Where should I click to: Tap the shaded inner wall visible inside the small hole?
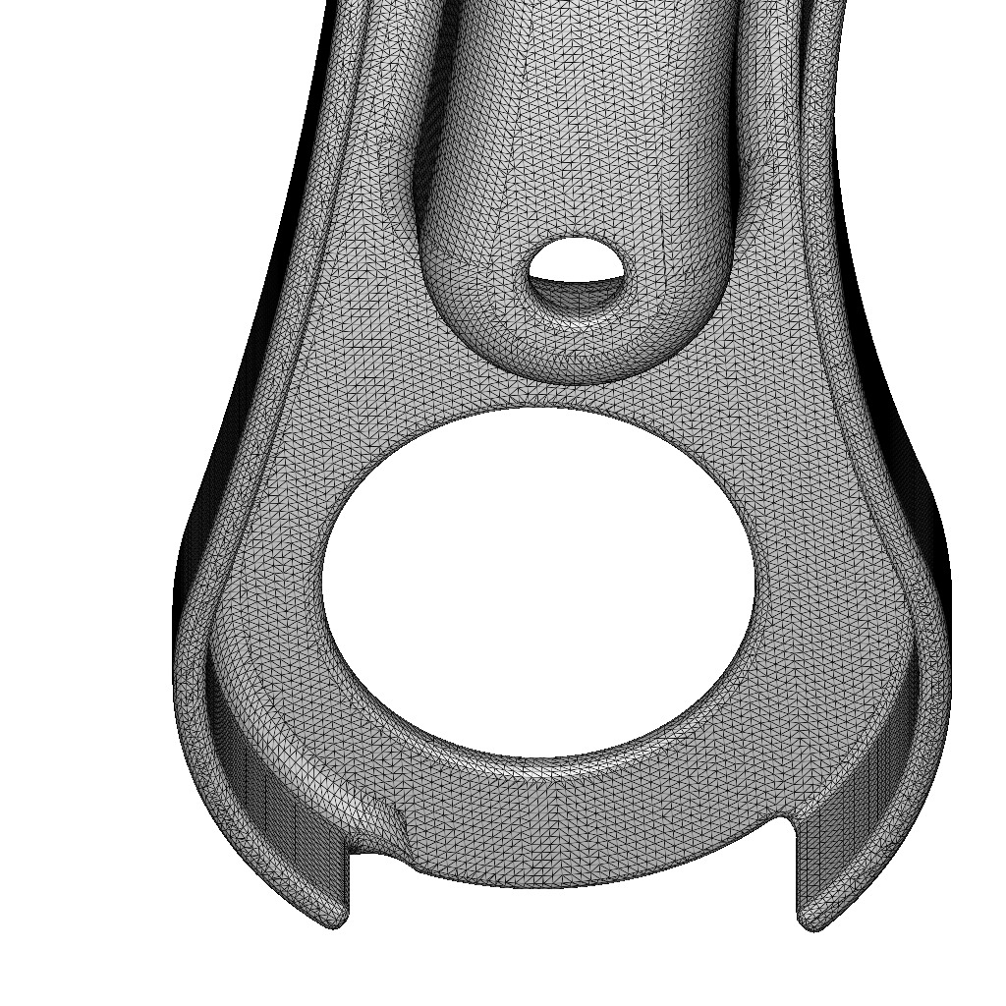point(575,294)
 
